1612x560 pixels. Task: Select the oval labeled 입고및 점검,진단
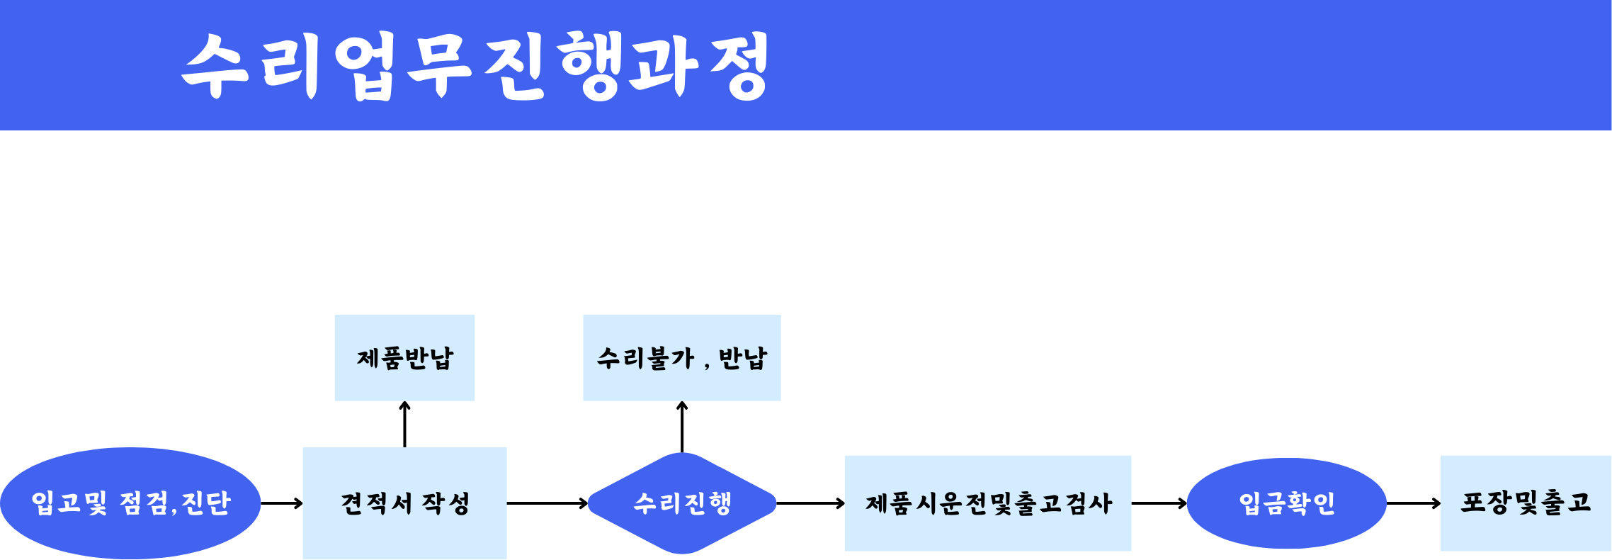130,503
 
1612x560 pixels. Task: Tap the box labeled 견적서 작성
404,503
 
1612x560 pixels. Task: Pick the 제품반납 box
404,358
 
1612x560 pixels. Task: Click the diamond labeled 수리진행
682,503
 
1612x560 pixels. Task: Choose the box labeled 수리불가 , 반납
682,358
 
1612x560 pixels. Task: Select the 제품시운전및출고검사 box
988,503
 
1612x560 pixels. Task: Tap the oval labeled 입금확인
1286,503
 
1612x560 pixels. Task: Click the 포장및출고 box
1526,503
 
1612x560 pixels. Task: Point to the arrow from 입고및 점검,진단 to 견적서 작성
282,503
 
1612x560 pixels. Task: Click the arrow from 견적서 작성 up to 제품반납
404,424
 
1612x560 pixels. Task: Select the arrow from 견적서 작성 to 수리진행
547,503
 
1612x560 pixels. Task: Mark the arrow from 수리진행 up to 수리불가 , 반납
682,427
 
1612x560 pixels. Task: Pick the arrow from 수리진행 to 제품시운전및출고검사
811,503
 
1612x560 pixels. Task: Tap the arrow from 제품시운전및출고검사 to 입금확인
1159,503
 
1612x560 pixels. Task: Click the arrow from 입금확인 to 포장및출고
1414,503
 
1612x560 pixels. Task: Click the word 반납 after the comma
743,358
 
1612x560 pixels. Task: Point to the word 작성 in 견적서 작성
446,503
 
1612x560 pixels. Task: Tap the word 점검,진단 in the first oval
176,503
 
